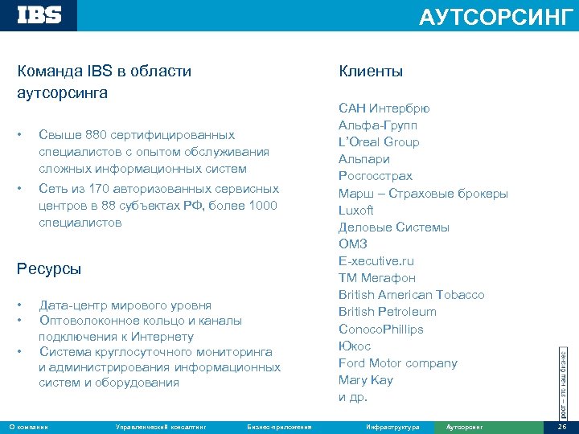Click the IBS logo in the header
click(x=39, y=15)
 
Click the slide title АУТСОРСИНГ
click(x=495, y=17)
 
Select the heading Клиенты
click(x=371, y=72)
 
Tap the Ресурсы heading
click(x=49, y=268)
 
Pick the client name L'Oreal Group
click(x=378, y=142)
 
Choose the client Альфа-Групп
click(x=377, y=125)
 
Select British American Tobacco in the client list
click(x=411, y=295)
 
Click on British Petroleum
click(x=387, y=312)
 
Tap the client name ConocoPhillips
click(x=380, y=329)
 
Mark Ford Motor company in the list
click(x=397, y=363)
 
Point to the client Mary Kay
click(x=365, y=380)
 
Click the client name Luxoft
click(x=355, y=210)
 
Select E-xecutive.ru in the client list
click(x=376, y=261)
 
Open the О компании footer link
click(x=28, y=427)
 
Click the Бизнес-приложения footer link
click(x=280, y=427)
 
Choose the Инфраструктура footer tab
click(x=392, y=427)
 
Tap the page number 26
click(x=561, y=427)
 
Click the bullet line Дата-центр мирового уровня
click(x=125, y=305)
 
